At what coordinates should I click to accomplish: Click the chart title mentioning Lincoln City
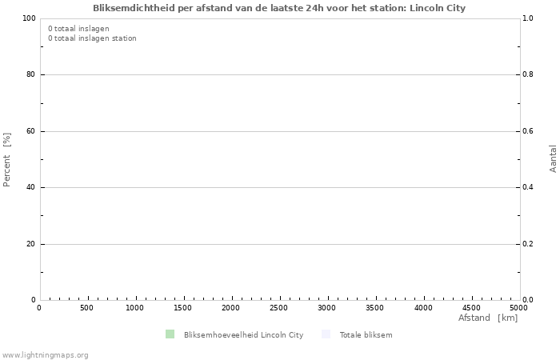pyautogui.click(x=279, y=8)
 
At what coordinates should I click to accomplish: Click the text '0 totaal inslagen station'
pyautogui.click(x=92, y=38)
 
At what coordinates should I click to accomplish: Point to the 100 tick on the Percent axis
pyautogui.click(x=29, y=18)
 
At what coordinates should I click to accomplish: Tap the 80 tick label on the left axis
pyautogui.click(x=30, y=75)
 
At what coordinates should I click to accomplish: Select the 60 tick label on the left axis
pyautogui.click(x=30, y=131)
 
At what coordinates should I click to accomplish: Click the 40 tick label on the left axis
pyautogui.click(x=30, y=188)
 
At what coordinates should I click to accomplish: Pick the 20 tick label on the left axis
pyautogui.click(x=30, y=244)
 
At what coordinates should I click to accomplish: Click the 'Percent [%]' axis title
pyautogui.click(x=7, y=159)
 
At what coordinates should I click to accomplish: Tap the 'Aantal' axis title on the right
pyautogui.click(x=553, y=158)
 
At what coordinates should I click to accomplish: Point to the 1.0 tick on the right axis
pyautogui.click(x=528, y=18)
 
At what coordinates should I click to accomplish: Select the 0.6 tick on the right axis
pyautogui.click(x=528, y=131)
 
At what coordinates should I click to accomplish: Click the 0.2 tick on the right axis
pyautogui.click(x=528, y=244)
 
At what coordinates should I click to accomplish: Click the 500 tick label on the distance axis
pyautogui.click(x=86, y=308)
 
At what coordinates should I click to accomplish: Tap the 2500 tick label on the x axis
pyautogui.click(x=278, y=308)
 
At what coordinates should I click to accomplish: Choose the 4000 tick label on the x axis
pyautogui.click(x=422, y=308)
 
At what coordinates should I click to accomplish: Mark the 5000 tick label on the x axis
pyautogui.click(x=518, y=308)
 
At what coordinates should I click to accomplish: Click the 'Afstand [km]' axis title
pyautogui.click(x=487, y=318)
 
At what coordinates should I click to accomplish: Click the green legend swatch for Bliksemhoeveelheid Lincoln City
pyautogui.click(x=170, y=334)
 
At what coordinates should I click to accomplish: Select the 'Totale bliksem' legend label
pyautogui.click(x=366, y=335)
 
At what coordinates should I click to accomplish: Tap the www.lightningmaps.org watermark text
pyautogui.click(x=45, y=355)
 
